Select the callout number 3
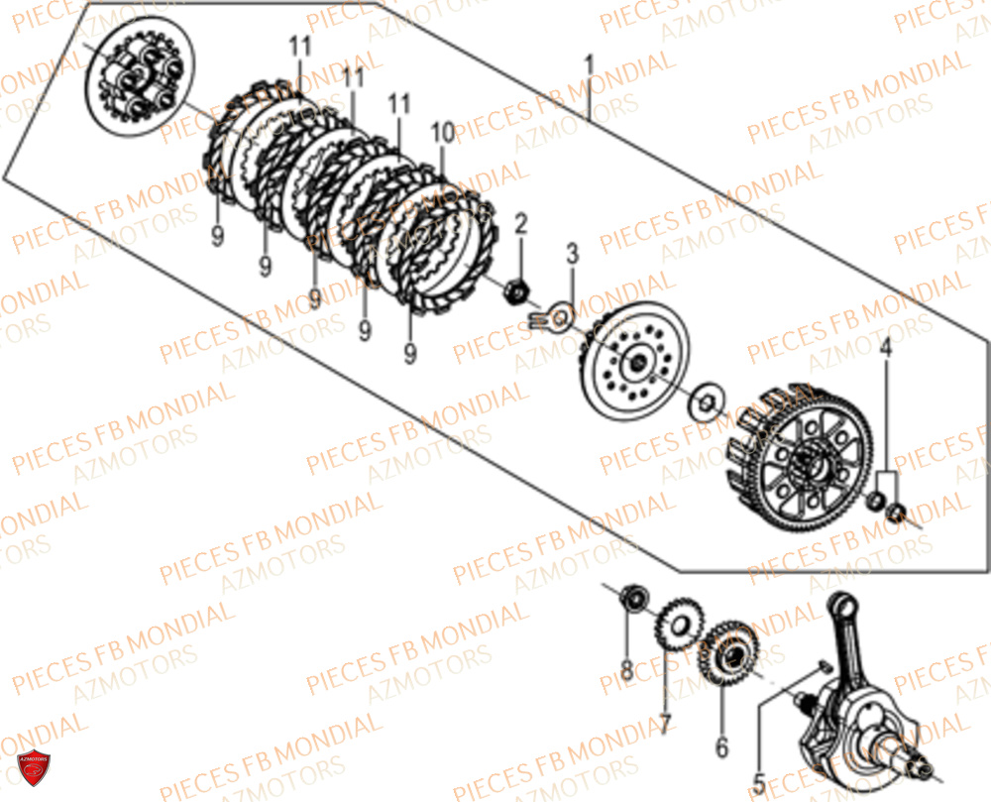pyautogui.click(x=572, y=254)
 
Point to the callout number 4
pyautogui.click(x=886, y=348)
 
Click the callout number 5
pyautogui.click(x=758, y=778)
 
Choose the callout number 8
pyautogui.click(x=626, y=671)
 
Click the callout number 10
pyautogui.click(x=442, y=132)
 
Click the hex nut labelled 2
pyautogui.click(x=514, y=290)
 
